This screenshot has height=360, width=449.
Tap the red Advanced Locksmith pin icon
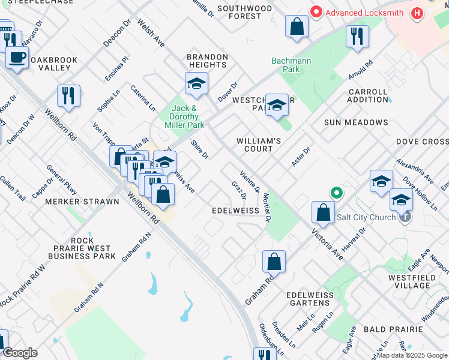click(316, 12)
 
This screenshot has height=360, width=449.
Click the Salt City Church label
click(367, 217)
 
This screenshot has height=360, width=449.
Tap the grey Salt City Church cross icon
click(405, 217)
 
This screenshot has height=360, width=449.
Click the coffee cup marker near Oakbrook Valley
click(17, 59)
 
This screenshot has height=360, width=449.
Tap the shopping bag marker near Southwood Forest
click(297, 27)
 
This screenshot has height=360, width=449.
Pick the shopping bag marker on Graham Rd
click(274, 262)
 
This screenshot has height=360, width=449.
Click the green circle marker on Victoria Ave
click(337, 193)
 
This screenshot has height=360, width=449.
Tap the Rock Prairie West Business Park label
click(80, 252)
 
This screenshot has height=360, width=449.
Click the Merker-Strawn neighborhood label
click(82, 202)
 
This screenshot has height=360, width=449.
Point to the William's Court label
click(259, 145)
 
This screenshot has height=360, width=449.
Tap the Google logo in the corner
click(19, 353)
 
